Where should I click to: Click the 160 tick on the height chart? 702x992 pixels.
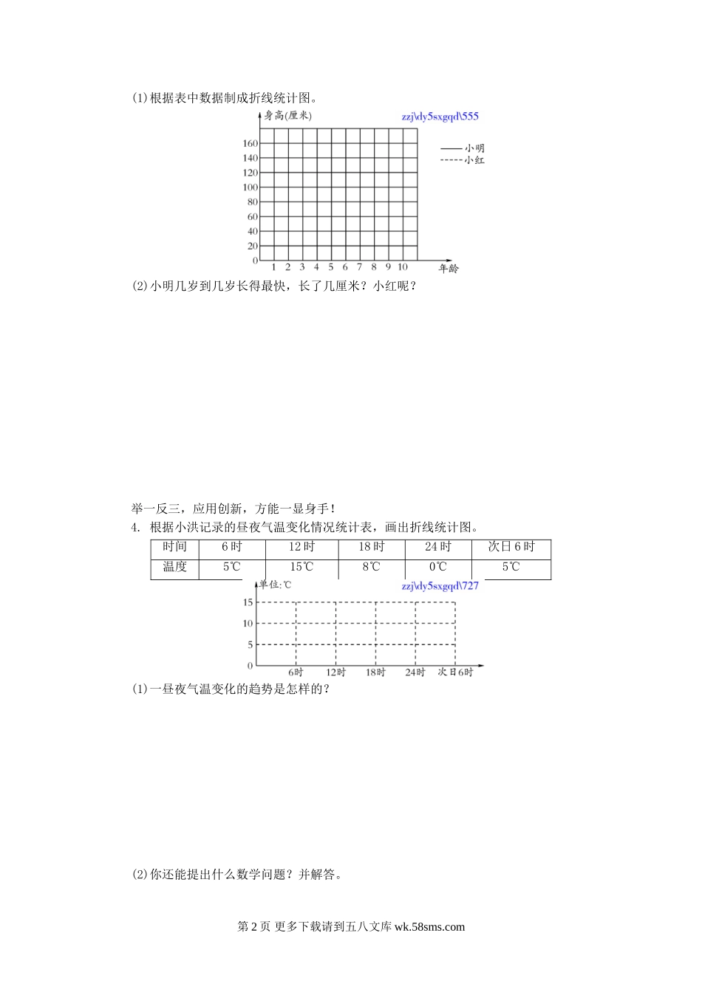point(249,143)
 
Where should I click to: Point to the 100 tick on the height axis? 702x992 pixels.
point(249,187)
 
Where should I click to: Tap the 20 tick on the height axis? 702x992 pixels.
point(252,246)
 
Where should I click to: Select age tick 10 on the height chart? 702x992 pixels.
point(403,267)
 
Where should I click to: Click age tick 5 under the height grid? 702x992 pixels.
point(331,267)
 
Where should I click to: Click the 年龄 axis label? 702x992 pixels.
point(449,269)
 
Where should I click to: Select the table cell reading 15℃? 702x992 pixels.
point(301,567)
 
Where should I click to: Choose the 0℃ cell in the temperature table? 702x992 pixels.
point(437,567)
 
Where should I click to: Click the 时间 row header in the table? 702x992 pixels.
point(175,547)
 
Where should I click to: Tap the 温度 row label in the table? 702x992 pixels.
point(175,567)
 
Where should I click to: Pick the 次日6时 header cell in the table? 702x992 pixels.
point(511,547)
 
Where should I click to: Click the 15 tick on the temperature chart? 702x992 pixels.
point(248,602)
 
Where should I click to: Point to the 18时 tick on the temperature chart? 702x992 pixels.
point(375,672)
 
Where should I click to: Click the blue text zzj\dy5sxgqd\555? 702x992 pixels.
point(440,116)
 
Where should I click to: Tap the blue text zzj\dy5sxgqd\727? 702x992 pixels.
point(440,586)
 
